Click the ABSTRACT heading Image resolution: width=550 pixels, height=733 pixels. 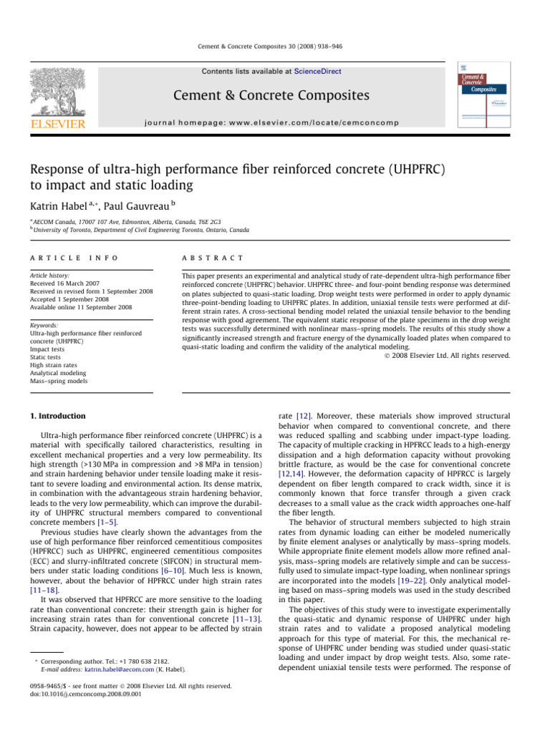tap(213, 257)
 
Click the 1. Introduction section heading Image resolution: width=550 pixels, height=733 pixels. tap(62, 415)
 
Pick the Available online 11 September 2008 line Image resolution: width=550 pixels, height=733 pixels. tap(81, 306)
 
